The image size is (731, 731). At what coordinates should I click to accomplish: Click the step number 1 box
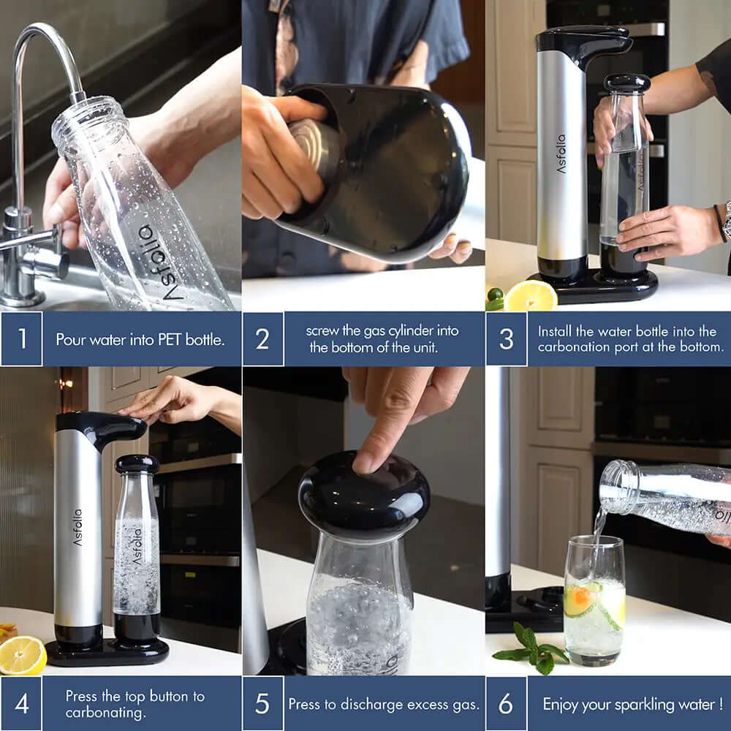[x=21, y=339]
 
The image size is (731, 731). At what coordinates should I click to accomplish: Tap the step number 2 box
[x=263, y=339]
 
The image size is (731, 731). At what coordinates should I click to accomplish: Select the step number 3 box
[x=507, y=339]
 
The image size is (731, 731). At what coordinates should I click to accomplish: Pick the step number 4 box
[x=21, y=703]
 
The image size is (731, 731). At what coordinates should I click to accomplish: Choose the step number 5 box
[x=263, y=703]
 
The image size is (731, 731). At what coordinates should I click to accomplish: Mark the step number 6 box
[x=507, y=703]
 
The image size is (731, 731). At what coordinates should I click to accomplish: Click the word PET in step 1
[x=170, y=339]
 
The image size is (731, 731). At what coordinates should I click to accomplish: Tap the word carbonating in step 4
[x=105, y=713]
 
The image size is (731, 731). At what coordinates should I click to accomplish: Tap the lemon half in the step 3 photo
[x=531, y=296]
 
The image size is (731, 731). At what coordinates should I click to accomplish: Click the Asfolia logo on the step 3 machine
[x=561, y=154]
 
